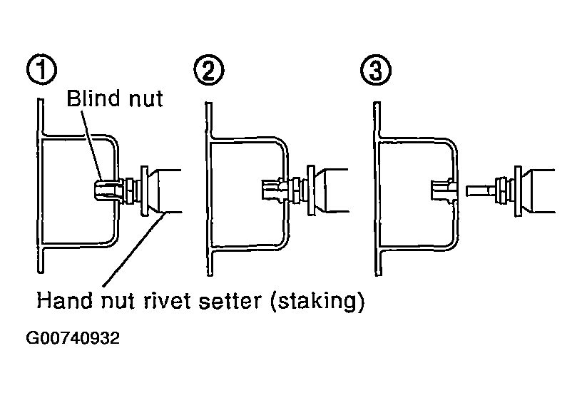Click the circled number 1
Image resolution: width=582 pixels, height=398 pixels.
pyautogui.click(x=42, y=70)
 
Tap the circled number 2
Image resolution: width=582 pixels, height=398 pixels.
pyautogui.click(x=209, y=70)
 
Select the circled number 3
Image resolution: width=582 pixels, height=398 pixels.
pyautogui.click(x=376, y=70)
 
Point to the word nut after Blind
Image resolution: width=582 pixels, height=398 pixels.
pyautogui.click(x=146, y=100)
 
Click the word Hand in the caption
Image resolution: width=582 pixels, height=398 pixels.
pyautogui.click(x=63, y=300)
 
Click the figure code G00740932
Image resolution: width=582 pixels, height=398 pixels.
pyautogui.click(x=73, y=338)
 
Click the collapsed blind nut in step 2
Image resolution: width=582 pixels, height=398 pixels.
pyautogui.click(x=275, y=188)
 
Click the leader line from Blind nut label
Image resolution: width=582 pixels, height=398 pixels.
pyautogui.click(x=91, y=145)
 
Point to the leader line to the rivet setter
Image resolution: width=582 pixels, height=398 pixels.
pyautogui.click(x=133, y=249)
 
